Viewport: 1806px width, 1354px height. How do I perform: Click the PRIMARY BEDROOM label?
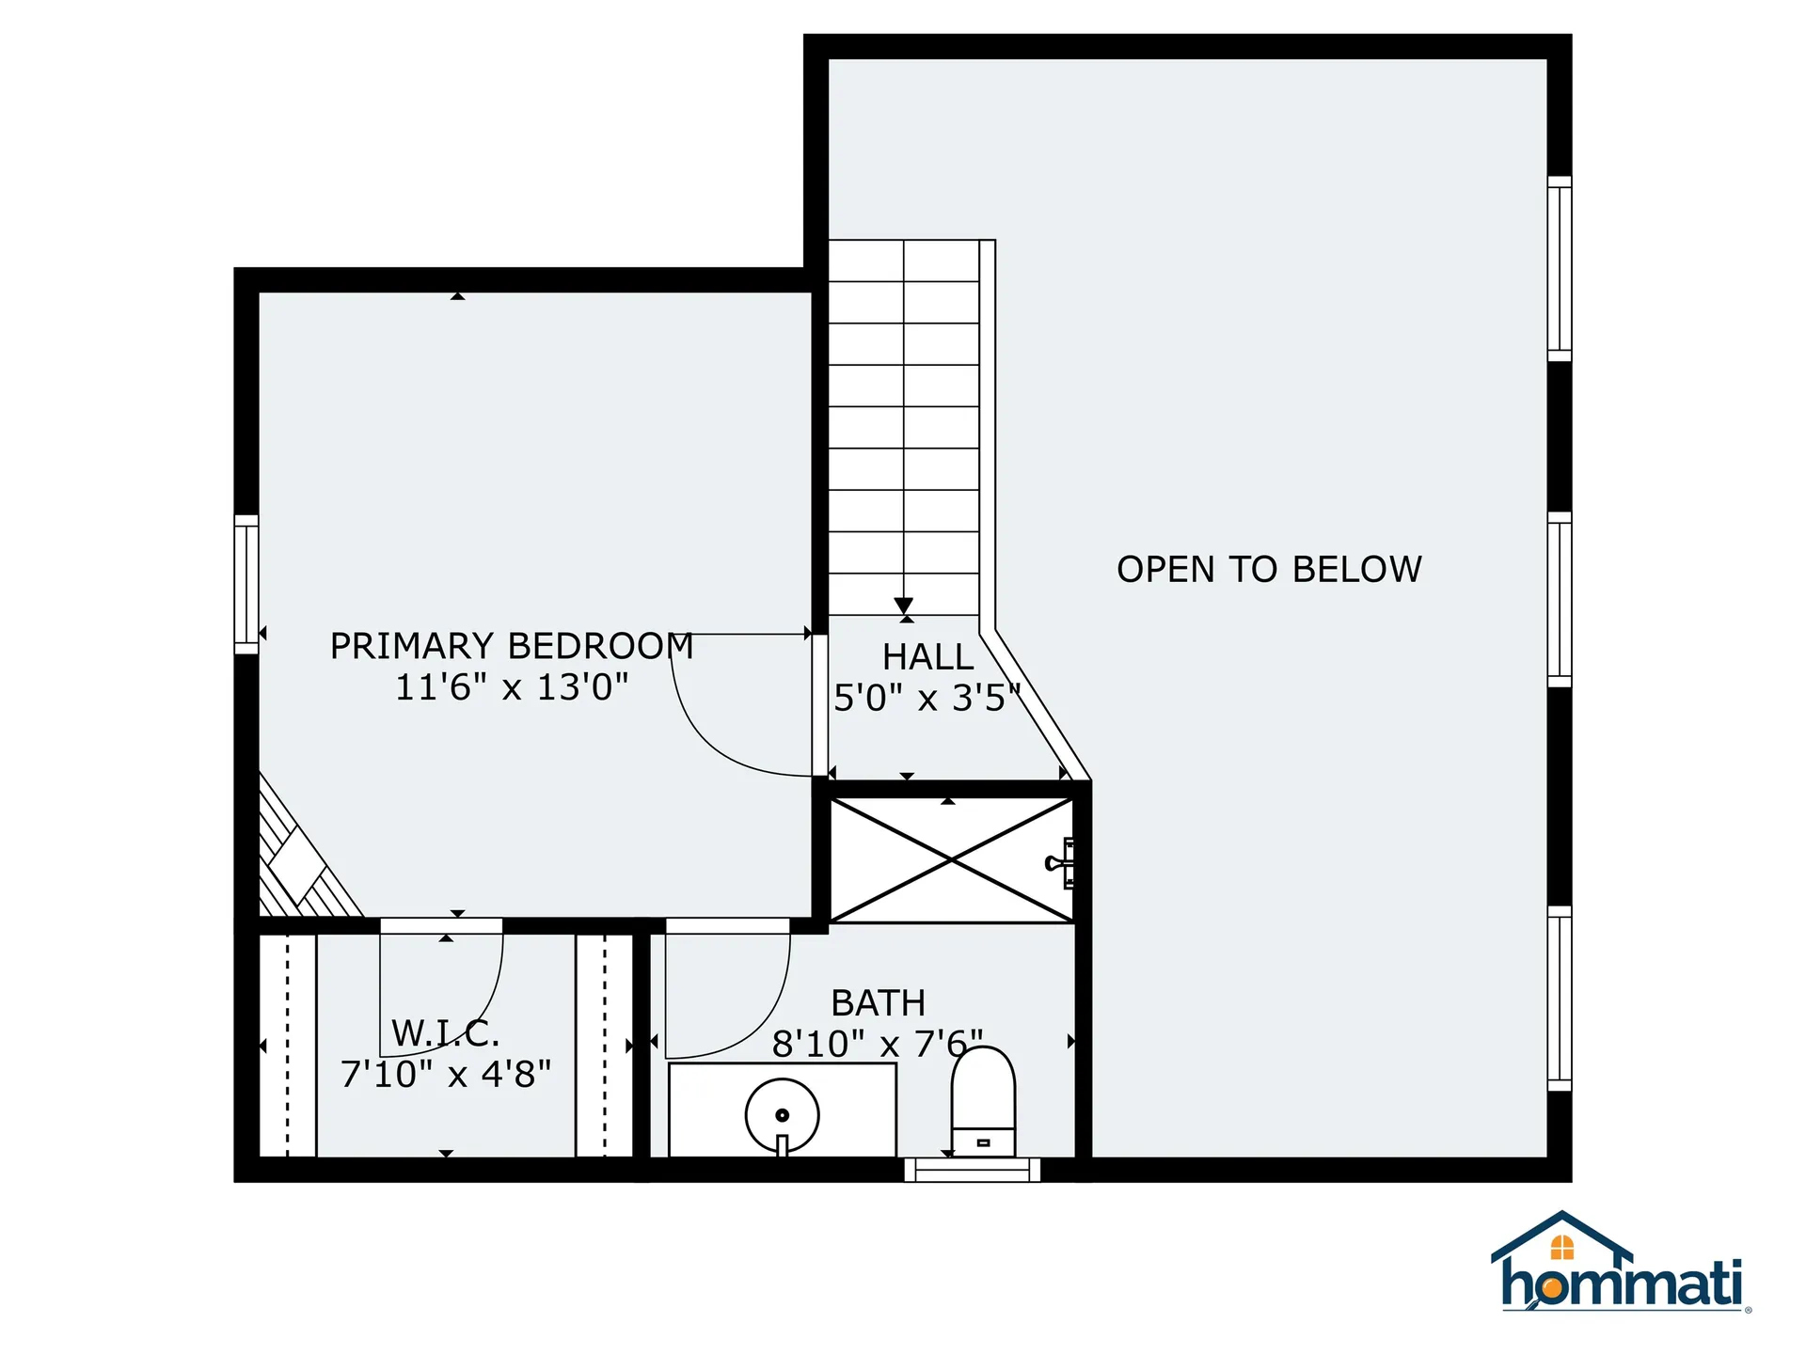click(511, 646)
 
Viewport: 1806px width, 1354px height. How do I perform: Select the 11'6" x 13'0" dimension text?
click(511, 687)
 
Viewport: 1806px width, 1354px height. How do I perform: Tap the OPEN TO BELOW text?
click(1268, 570)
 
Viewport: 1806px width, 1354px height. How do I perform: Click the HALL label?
click(927, 656)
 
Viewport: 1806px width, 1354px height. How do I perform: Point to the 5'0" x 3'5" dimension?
click(927, 698)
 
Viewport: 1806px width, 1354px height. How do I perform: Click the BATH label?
click(878, 1003)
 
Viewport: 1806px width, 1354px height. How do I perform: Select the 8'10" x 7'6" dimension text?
click(877, 1044)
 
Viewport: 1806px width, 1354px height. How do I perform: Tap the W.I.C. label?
click(445, 1033)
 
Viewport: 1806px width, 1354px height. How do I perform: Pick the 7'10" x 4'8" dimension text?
click(445, 1074)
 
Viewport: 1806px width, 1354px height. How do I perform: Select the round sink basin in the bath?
click(782, 1115)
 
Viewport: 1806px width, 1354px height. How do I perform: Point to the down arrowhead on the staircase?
click(904, 606)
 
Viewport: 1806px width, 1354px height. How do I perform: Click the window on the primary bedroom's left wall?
click(246, 584)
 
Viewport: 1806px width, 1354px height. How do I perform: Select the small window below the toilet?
click(972, 1170)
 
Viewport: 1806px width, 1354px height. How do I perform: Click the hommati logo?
click(1620, 1265)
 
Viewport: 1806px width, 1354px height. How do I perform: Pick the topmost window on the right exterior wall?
click(1559, 268)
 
